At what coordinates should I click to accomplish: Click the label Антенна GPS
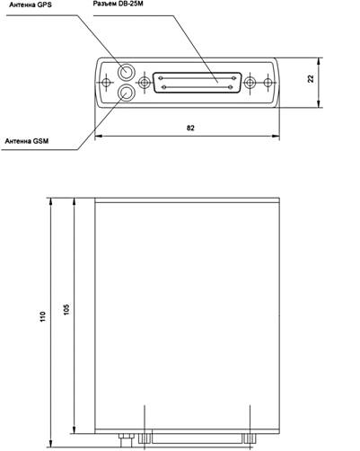[x=31, y=5]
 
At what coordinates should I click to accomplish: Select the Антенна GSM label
[x=27, y=141]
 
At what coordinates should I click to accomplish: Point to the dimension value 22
[x=311, y=78]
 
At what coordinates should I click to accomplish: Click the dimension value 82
[x=190, y=128]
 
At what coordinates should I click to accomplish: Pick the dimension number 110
[x=43, y=316]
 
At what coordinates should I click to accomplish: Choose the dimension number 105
[x=66, y=309]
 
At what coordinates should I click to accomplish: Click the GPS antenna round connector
[x=127, y=72]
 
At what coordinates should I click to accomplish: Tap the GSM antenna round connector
[x=127, y=93]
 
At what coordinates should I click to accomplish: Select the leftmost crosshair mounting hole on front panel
[x=106, y=83]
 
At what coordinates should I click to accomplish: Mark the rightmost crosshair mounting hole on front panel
[x=268, y=83]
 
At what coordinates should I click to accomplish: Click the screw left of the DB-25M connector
[x=145, y=83]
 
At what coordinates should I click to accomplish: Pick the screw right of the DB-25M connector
[x=250, y=83]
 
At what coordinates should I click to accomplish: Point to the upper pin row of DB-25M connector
[x=197, y=78]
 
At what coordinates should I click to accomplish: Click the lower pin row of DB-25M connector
[x=197, y=87]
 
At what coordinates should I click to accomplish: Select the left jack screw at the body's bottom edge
[x=145, y=438]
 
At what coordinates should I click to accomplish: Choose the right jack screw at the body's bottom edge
[x=250, y=438]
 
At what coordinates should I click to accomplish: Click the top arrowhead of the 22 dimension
[x=319, y=61]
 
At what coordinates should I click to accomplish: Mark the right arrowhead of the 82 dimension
[x=276, y=137]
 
